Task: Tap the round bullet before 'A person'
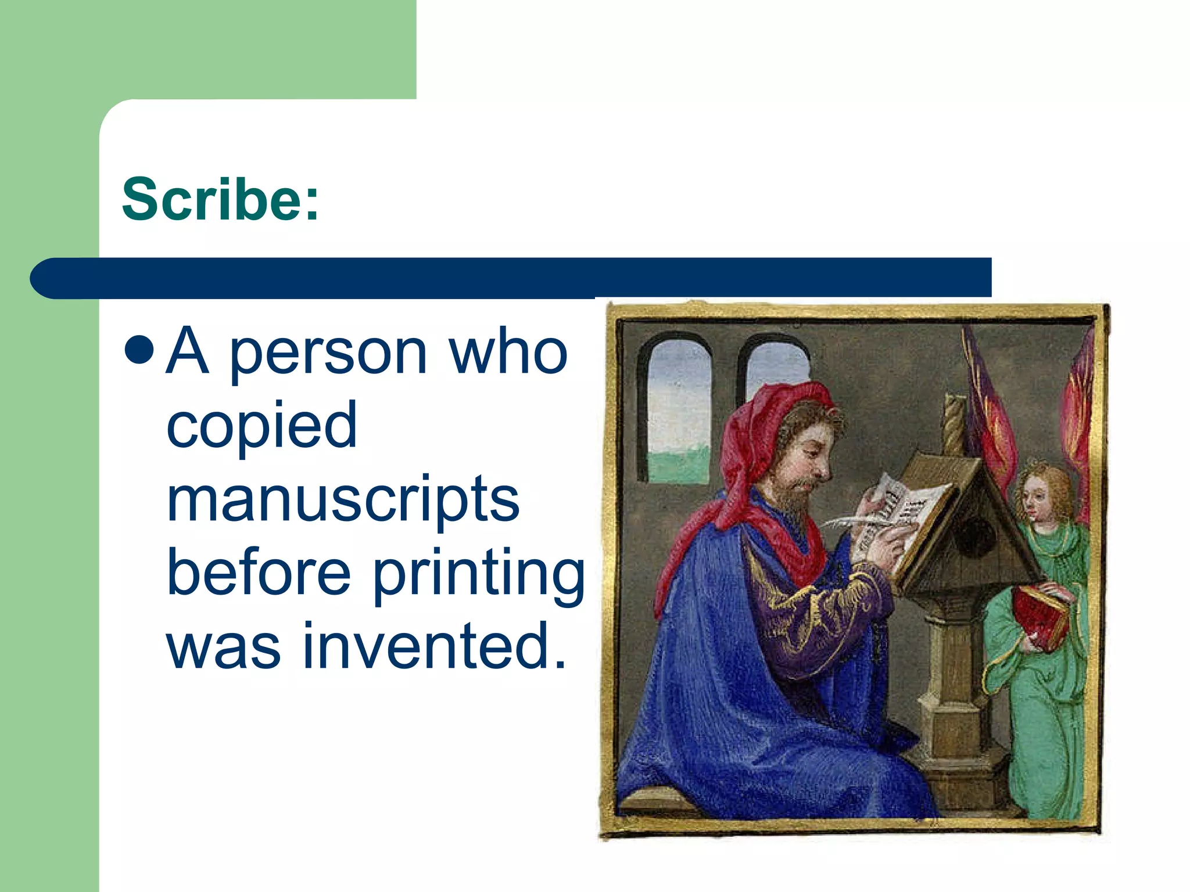[139, 350]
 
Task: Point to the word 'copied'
[261, 426]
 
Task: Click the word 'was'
[224, 647]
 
